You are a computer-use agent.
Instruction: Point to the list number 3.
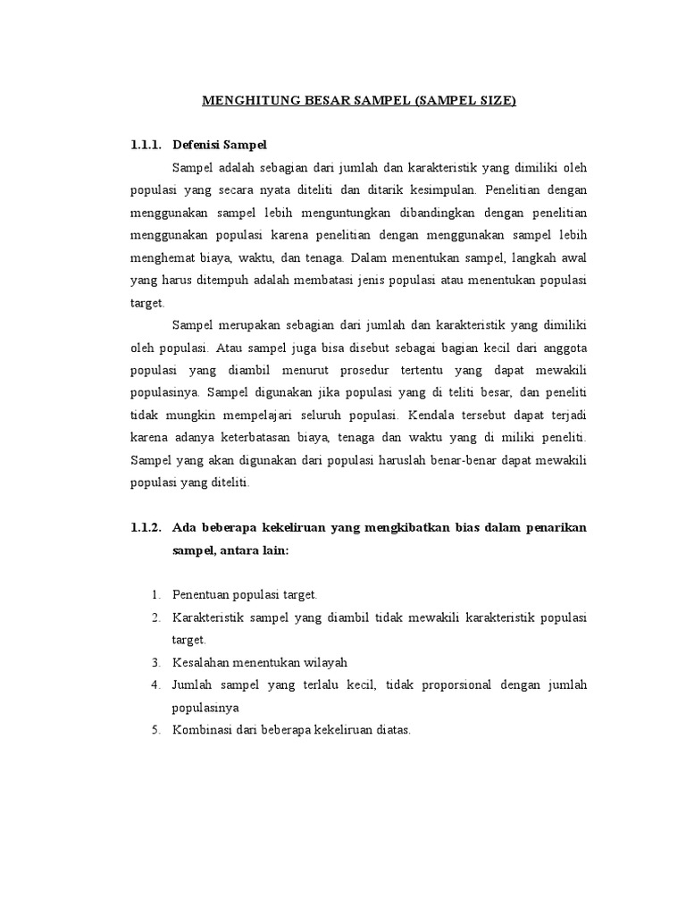155,662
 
